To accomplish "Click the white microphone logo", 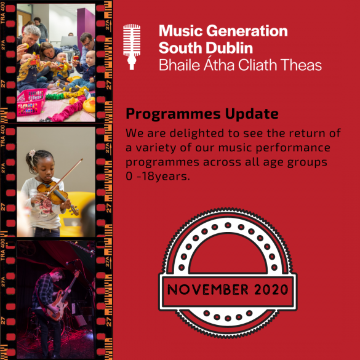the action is tap(132, 47).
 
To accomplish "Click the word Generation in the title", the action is tap(247, 31).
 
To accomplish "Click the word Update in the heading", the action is tap(252, 114).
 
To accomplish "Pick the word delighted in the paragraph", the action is tap(197, 134).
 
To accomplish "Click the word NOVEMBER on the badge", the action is tap(208, 289).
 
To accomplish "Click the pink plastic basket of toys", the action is tap(31, 102).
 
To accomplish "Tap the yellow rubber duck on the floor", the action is tap(89, 105).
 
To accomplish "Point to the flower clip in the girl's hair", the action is tap(32, 153).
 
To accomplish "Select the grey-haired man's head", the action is tap(32, 35).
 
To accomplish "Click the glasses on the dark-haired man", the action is tap(87, 43).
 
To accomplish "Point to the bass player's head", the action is tap(57, 274).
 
